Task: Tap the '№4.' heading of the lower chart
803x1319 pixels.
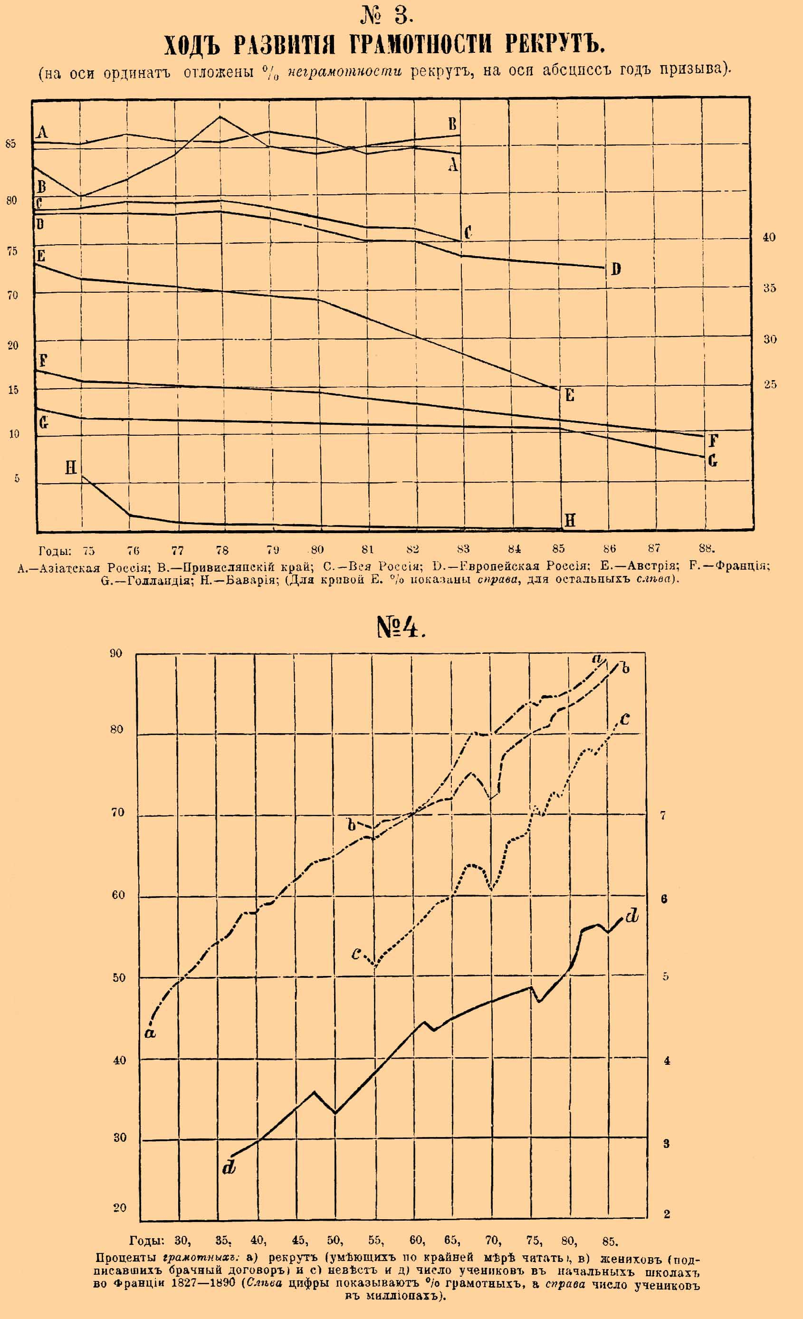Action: click(401, 627)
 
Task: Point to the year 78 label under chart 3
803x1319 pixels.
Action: click(222, 550)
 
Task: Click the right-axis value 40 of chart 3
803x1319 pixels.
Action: click(769, 237)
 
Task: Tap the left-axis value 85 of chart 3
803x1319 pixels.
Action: click(11, 143)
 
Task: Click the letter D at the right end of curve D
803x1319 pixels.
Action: click(616, 269)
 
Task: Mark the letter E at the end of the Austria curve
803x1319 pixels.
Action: click(570, 396)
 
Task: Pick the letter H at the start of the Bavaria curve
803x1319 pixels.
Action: click(71, 468)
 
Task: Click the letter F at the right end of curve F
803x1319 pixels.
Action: click(713, 441)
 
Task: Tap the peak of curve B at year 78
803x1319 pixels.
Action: click(220, 117)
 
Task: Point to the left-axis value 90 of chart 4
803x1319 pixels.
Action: click(115, 653)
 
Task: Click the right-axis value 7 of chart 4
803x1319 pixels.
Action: click(663, 815)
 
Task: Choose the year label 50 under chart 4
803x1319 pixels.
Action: click(335, 1240)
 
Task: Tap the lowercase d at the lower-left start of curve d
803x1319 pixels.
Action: click(229, 1167)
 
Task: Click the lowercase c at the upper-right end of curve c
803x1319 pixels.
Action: click(624, 719)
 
